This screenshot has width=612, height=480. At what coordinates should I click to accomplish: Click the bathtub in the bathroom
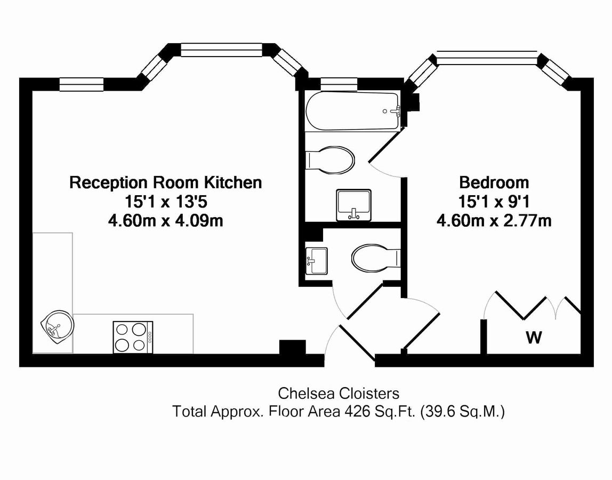coord(352,111)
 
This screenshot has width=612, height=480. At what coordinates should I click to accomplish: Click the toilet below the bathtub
coord(331,160)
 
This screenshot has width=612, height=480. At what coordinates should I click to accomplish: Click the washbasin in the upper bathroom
coord(353,205)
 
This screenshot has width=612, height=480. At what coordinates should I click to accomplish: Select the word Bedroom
coord(494,183)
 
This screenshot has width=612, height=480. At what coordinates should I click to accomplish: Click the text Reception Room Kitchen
coord(166,183)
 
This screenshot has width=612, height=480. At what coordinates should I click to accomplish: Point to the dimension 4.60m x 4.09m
coord(166,220)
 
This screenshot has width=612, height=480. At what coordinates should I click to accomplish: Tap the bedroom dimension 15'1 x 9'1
coord(494,202)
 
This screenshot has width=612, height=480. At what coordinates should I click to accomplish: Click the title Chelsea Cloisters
coord(339,394)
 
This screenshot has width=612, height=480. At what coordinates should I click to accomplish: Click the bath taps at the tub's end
coord(394,111)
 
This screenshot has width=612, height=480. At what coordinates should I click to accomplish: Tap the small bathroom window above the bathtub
coord(339,83)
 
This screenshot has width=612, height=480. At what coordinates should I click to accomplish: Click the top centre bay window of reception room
coord(221,50)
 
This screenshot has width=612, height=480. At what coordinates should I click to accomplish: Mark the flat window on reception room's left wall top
coord(81,84)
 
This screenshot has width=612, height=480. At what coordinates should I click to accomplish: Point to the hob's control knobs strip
coord(150,337)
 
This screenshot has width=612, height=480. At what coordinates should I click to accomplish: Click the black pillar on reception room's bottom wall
coord(293,347)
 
